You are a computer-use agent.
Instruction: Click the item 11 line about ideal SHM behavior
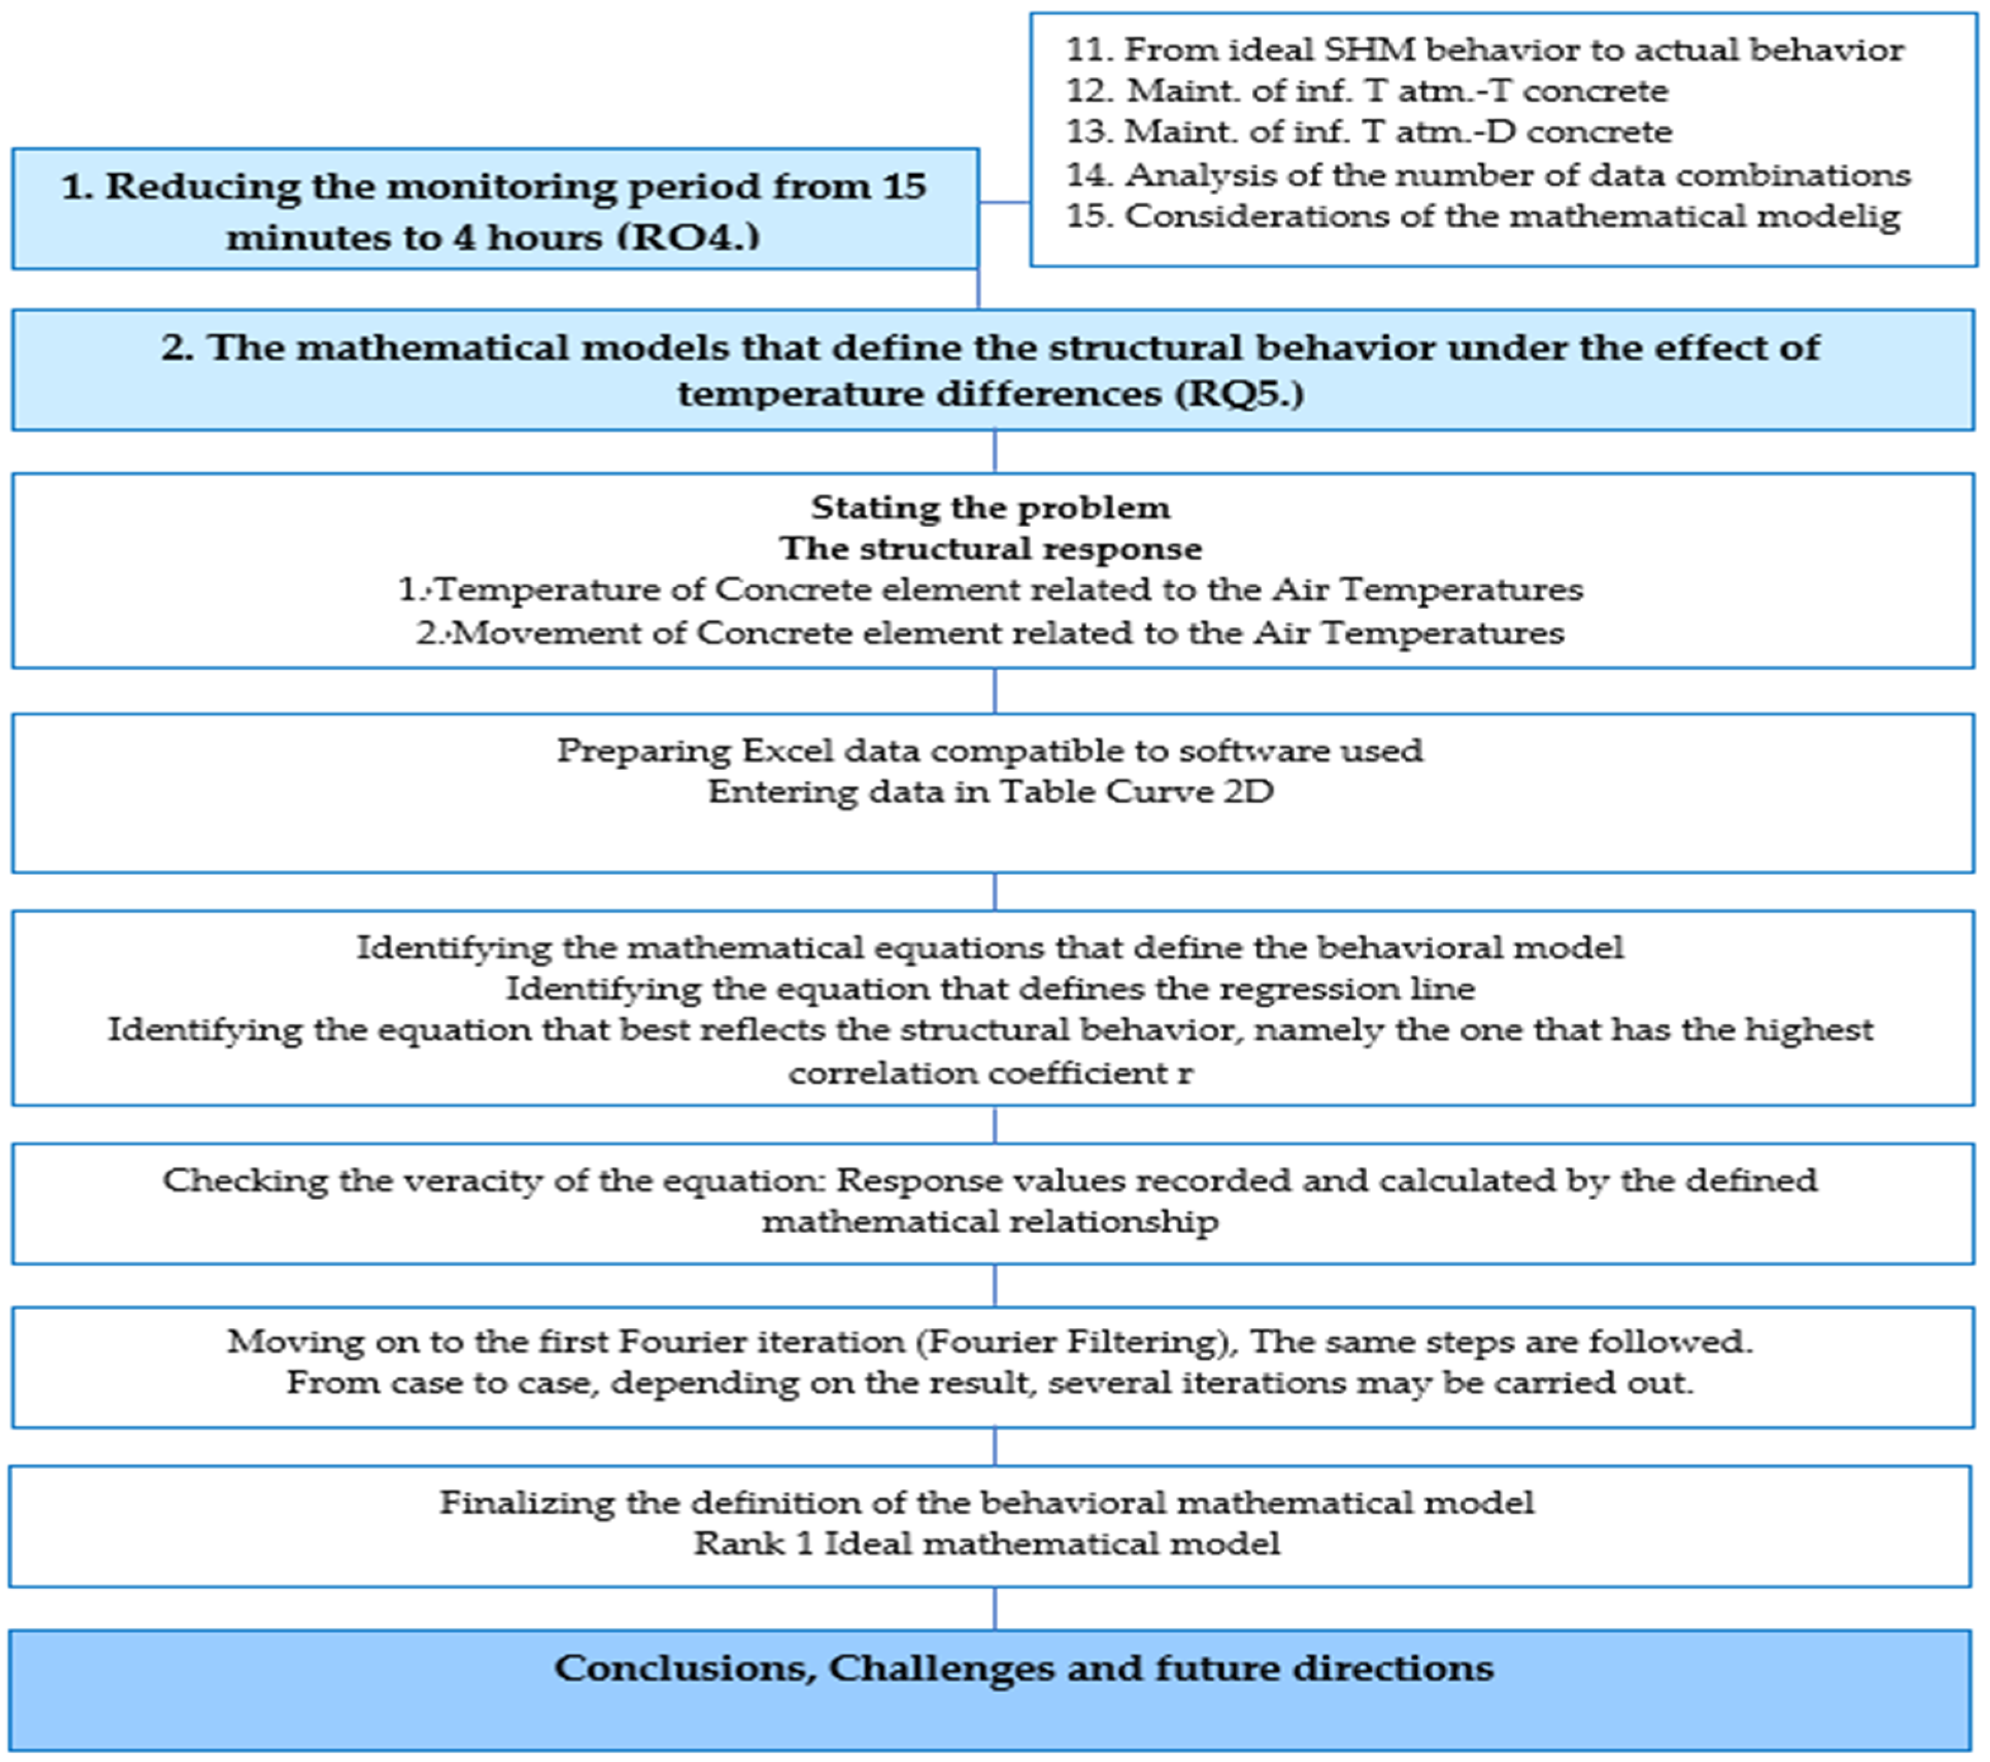pos(1484,49)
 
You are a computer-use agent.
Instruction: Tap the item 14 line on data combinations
pos(1488,175)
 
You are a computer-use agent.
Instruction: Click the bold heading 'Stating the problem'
pos(990,508)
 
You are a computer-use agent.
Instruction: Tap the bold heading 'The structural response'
pos(990,549)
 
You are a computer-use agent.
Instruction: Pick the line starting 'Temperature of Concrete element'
pos(990,590)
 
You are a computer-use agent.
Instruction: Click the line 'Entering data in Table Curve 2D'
pos(990,792)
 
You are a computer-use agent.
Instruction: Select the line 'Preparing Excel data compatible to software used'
pos(990,751)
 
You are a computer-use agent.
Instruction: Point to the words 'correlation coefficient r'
pos(990,1073)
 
